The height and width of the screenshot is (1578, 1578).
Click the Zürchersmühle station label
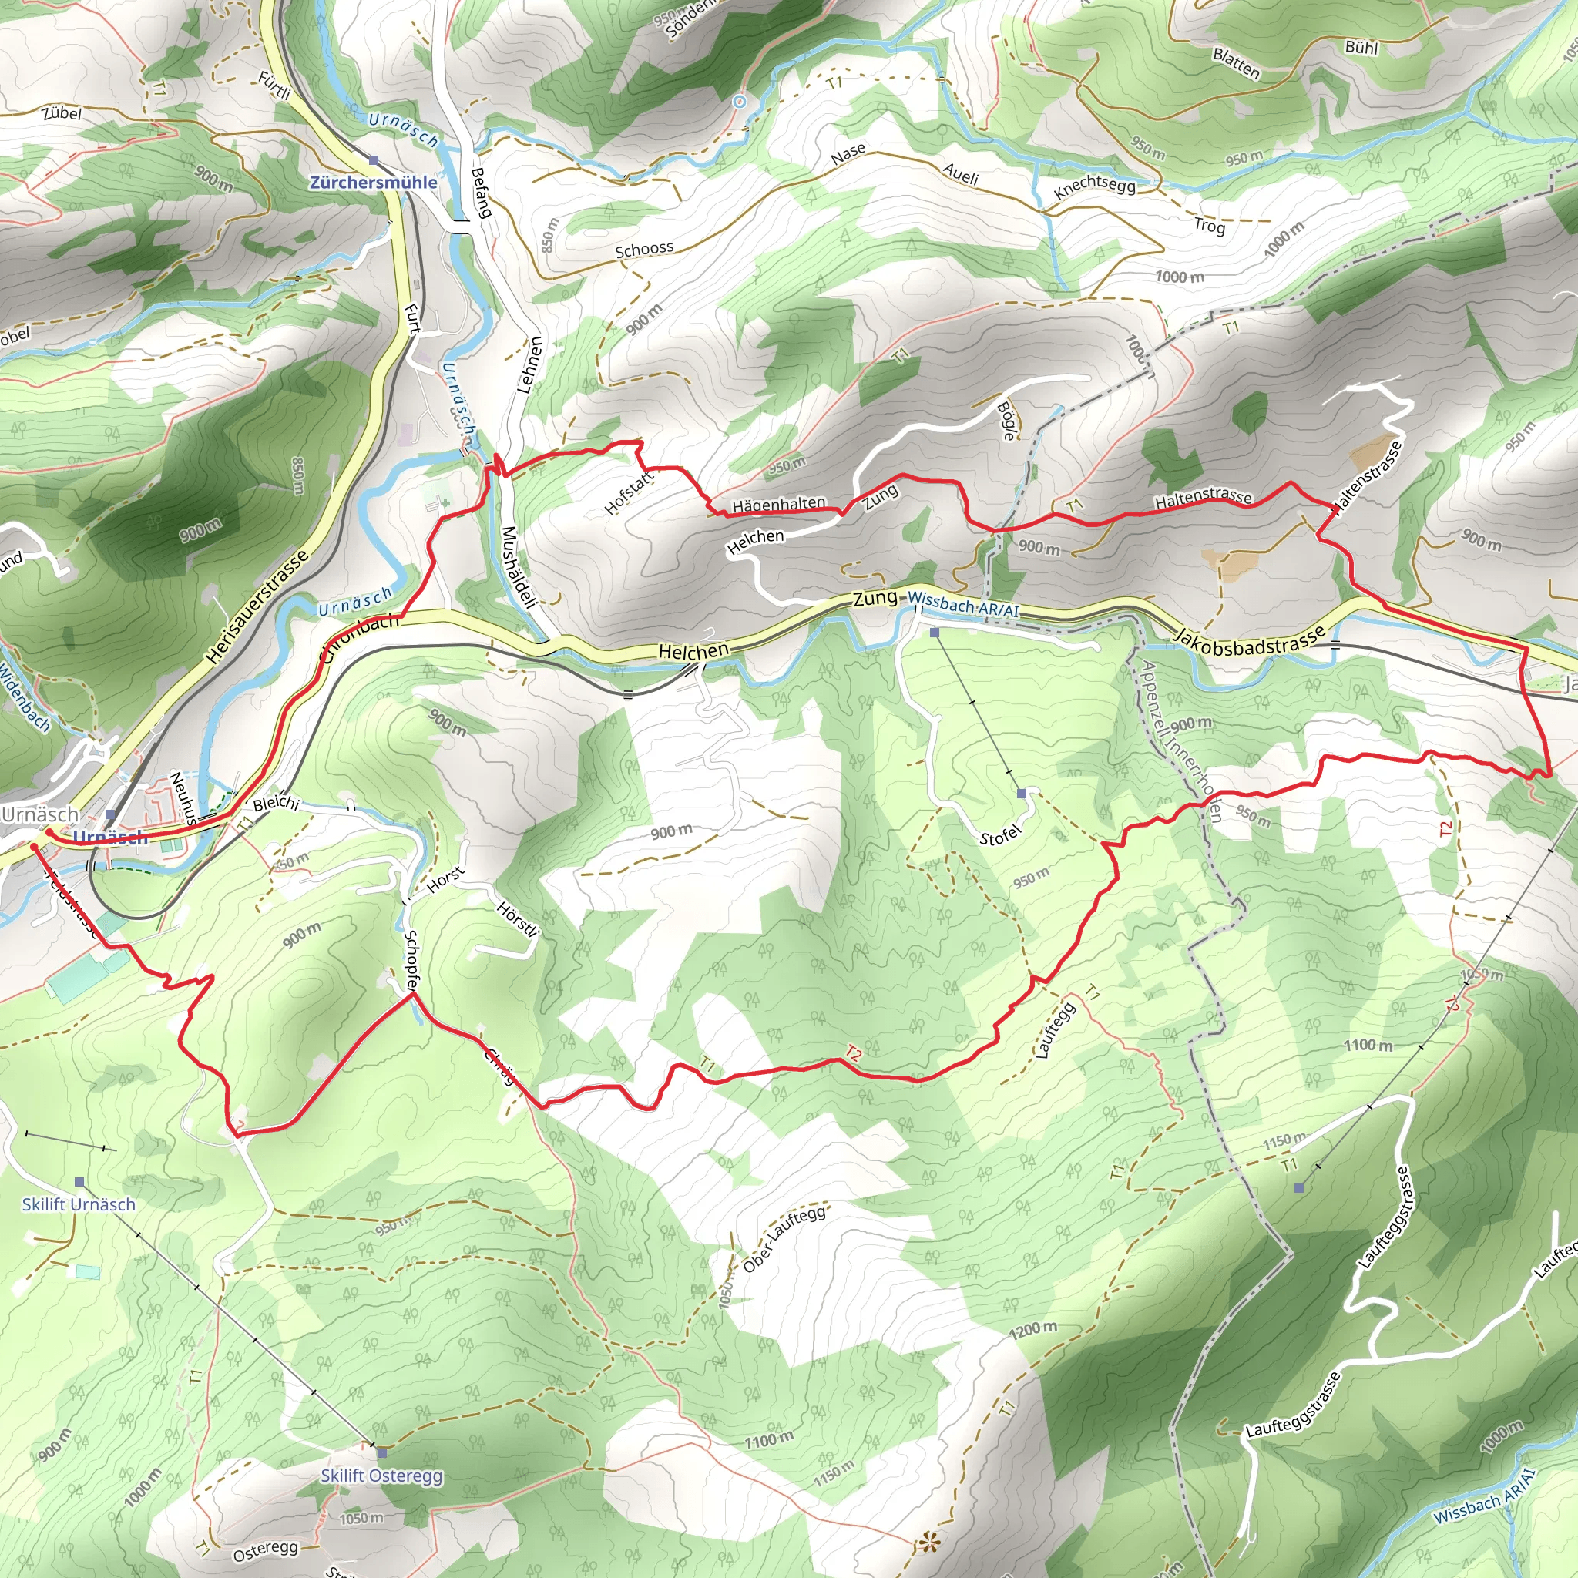373,182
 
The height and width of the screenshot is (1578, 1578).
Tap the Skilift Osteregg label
381,1475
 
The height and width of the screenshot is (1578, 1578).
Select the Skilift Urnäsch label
79,1204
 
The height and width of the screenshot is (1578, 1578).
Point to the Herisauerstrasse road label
257,607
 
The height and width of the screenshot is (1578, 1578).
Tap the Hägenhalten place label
778,505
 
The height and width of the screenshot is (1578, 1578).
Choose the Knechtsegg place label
1094,187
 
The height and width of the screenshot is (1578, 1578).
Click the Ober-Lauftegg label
784,1238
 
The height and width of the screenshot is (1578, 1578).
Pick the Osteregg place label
266,1550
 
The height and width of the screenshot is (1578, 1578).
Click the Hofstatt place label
629,493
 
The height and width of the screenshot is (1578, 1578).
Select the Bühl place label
1361,47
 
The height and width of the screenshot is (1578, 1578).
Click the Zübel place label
62,112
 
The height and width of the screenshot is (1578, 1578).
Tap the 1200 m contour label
1033,1330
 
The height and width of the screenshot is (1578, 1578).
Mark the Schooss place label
644,249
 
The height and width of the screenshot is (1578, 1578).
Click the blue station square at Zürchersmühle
373,160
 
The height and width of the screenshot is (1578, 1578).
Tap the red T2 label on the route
853,1053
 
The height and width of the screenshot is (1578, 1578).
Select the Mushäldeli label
519,567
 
